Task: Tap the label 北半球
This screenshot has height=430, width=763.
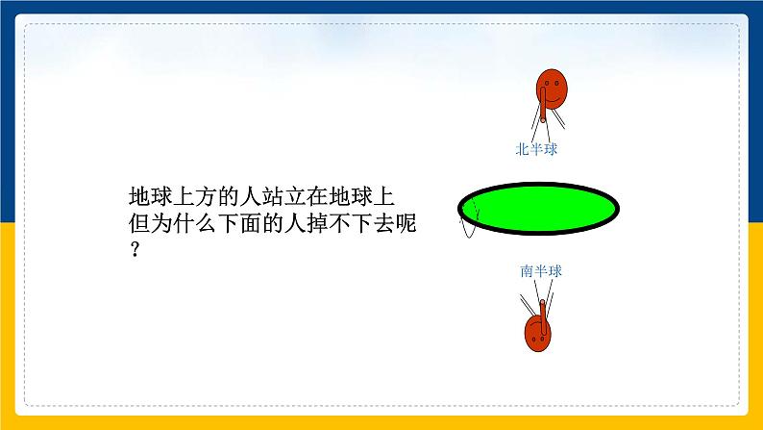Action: pyautogui.click(x=536, y=149)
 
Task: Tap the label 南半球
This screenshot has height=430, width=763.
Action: pyautogui.click(x=541, y=271)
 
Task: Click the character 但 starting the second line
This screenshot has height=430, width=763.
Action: pyautogui.click(x=139, y=223)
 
